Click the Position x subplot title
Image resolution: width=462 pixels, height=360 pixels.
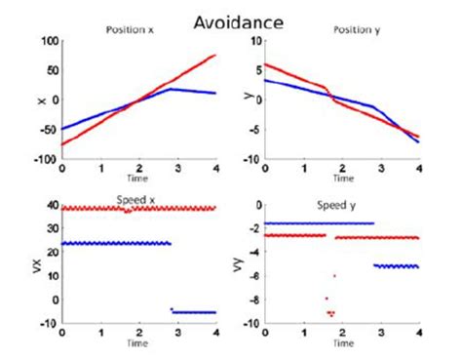(132, 29)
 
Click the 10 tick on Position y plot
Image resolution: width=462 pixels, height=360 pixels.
(250, 42)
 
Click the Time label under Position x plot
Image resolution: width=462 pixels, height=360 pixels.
(139, 180)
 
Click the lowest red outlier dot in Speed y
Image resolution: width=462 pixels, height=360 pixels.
(332, 315)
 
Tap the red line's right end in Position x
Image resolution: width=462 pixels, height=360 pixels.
(215, 55)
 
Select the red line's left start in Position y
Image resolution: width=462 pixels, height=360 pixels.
(264, 64)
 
